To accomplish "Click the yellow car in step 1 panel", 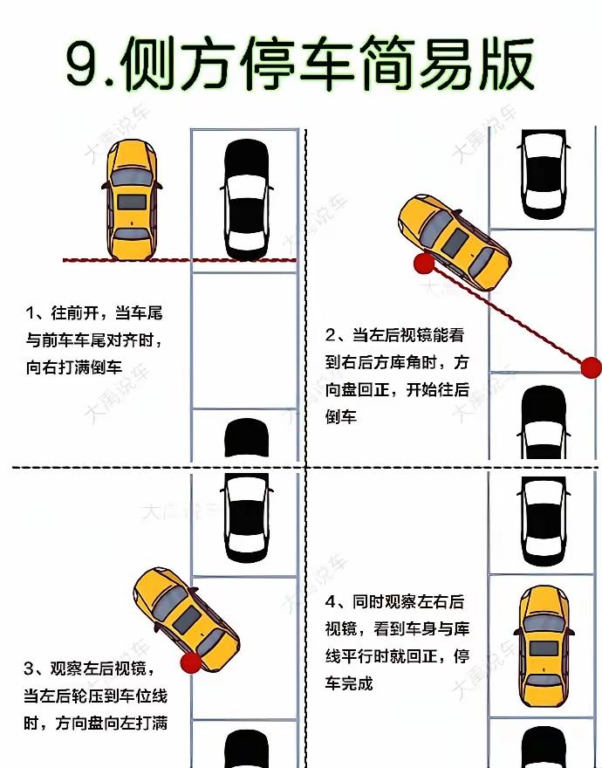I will pos(132,200).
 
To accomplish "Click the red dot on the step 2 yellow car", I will pos(424,264).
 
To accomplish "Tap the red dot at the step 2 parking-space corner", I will pos(591,367).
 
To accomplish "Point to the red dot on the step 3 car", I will pos(190,664).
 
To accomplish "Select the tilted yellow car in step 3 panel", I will pos(187,619).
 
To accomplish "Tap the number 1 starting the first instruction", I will pos(31,312).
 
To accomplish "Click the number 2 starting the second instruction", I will pos(331,335).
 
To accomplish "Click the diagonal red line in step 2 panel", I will pos(506,315).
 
